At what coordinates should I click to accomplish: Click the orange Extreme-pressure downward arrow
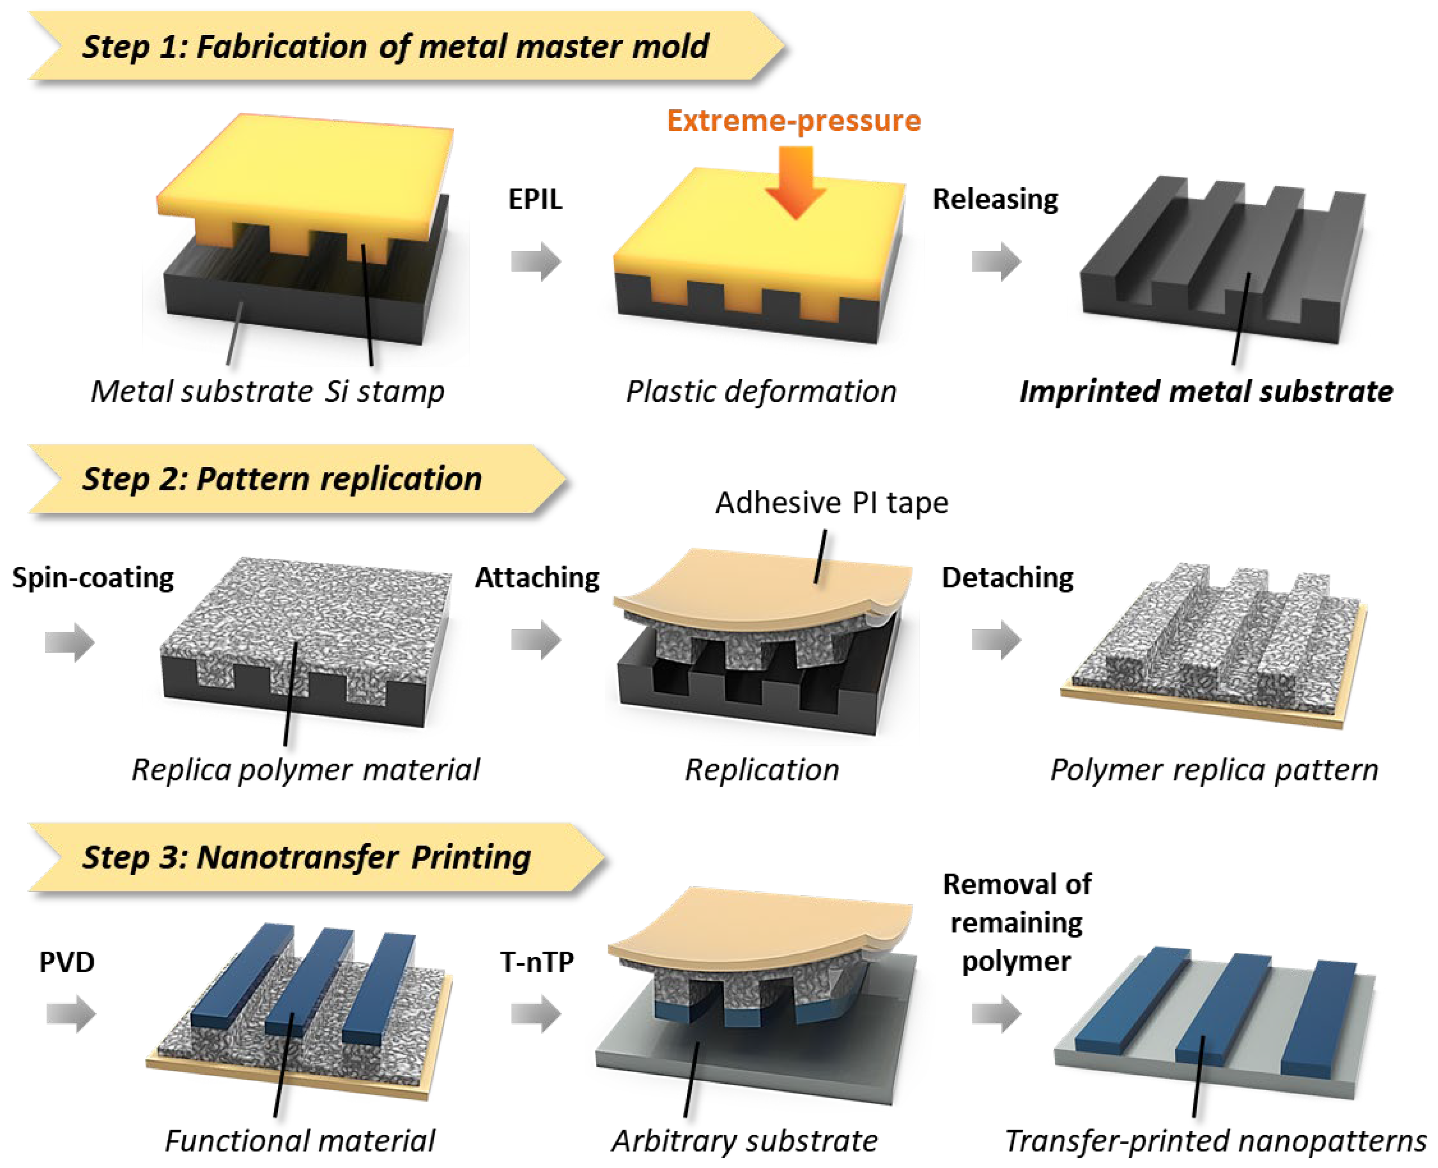coord(796,182)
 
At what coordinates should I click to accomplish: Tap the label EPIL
coord(535,199)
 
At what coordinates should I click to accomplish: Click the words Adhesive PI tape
coord(831,503)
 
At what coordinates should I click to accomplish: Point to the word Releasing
coord(995,199)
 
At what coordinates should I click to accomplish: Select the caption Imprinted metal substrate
coord(1206,391)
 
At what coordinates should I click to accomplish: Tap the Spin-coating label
coord(93,577)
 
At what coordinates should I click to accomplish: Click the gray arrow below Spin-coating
coord(70,641)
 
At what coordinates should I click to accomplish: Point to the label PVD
coord(67,962)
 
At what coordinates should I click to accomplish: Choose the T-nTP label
coord(537,962)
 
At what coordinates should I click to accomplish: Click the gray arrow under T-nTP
coord(535,1013)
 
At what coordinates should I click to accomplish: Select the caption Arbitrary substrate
coord(744,1140)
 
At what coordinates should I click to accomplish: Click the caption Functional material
coord(300,1140)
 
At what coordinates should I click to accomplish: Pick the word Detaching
coord(1007,577)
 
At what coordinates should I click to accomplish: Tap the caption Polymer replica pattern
coord(1214,769)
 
